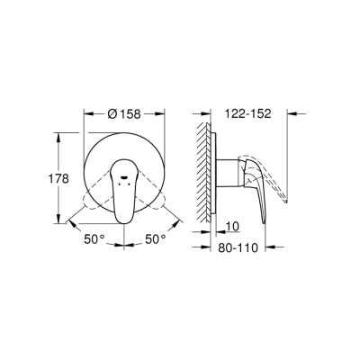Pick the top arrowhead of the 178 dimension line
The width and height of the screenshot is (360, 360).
(60, 134)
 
